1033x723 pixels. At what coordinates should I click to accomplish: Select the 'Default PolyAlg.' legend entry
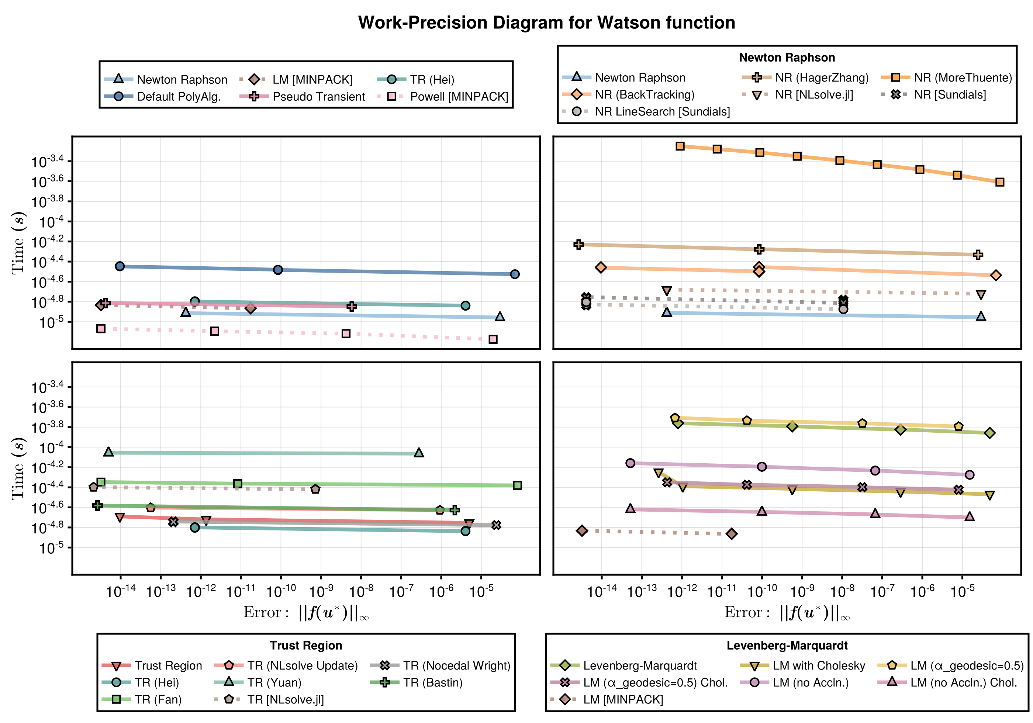(x=179, y=97)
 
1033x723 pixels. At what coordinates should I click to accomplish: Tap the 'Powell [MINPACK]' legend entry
(x=459, y=97)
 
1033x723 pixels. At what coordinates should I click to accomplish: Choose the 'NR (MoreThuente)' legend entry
(x=963, y=78)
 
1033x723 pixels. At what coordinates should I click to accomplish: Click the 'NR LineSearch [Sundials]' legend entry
(x=662, y=111)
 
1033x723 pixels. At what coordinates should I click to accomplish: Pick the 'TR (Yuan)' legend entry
(x=274, y=682)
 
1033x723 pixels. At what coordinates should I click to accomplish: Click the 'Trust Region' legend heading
(x=306, y=645)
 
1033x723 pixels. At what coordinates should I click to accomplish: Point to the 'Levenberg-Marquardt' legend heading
(x=787, y=645)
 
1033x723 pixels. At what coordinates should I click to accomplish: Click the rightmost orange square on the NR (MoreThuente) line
(x=1000, y=182)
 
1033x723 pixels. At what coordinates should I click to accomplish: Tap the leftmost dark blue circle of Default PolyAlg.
(x=120, y=266)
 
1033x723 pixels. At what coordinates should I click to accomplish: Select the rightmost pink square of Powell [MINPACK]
(x=493, y=339)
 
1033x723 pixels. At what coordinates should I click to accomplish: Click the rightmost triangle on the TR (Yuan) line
(x=419, y=453)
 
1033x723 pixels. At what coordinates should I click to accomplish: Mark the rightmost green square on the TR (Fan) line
(x=517, y=485)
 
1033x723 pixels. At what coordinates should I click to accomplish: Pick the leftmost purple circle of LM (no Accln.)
(x=630, y=463)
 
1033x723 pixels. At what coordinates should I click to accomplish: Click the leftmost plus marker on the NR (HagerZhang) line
(x=578, y=244)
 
